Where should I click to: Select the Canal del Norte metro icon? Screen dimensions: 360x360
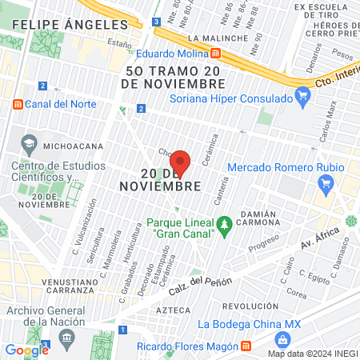18,104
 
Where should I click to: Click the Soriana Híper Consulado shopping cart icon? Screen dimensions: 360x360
302,99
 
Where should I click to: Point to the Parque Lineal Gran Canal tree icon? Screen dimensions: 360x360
226,222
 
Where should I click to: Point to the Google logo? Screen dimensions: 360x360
27,350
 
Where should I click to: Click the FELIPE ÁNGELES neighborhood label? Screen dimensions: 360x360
55,26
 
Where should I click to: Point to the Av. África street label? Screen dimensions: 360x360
321,238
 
